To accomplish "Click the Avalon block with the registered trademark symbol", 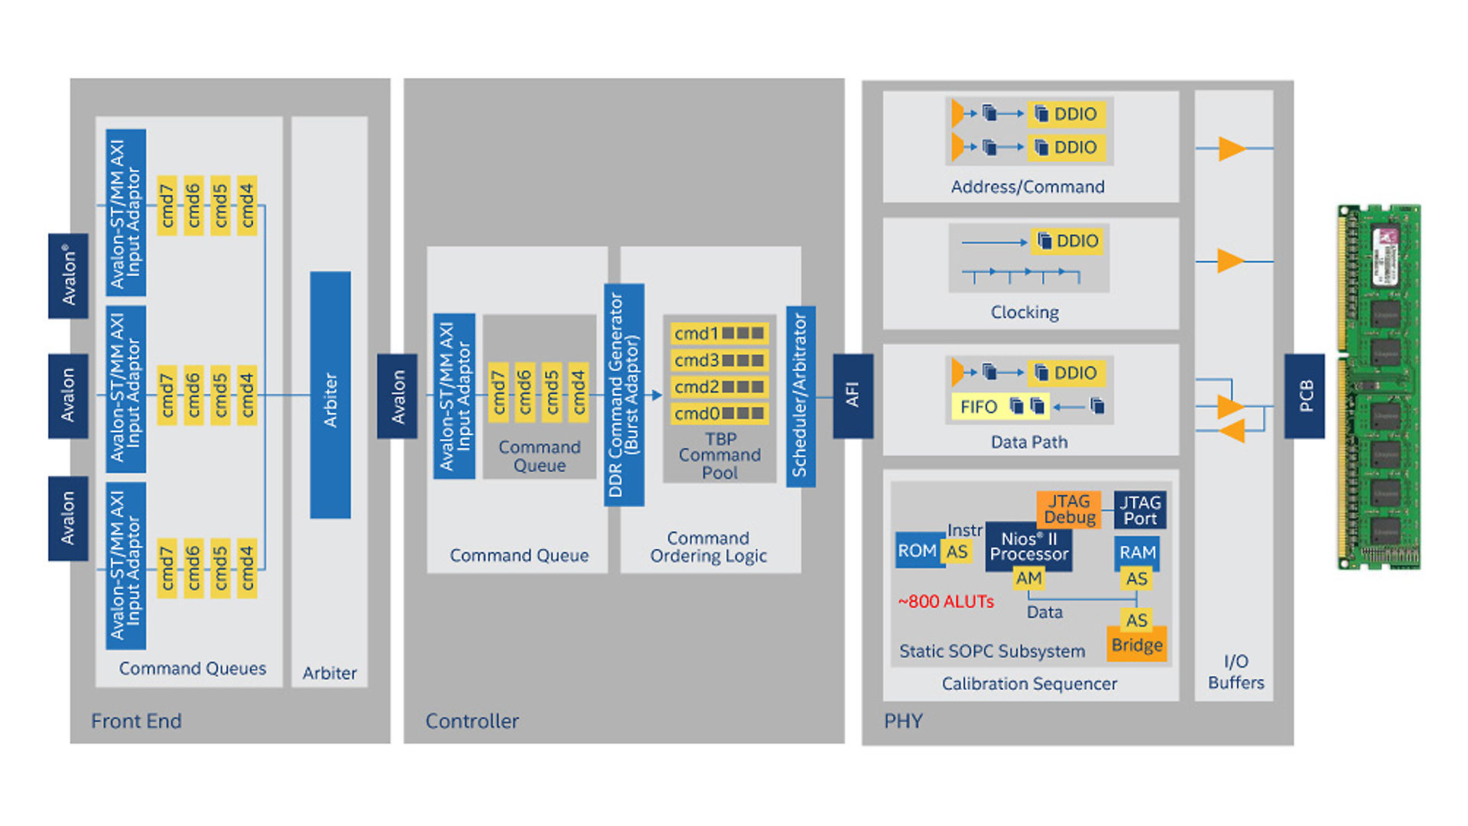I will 68,275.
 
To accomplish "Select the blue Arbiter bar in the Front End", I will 330,395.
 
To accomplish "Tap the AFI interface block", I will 853,395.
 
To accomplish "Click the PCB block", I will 1304,395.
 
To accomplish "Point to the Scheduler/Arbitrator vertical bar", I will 801,396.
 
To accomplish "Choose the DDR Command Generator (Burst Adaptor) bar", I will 624,395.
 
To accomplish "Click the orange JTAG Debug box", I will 1069,509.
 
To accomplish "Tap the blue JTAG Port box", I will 1140,510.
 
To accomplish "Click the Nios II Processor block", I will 1028,546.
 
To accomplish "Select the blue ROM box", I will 917,551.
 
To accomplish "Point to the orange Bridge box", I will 1137,645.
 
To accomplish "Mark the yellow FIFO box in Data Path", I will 979,406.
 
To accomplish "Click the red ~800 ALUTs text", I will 946,602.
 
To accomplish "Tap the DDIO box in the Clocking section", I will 1069,241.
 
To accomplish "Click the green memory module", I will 1379,386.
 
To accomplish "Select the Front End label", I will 136,721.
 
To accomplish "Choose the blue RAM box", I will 1137,552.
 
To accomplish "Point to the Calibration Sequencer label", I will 1029,684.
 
